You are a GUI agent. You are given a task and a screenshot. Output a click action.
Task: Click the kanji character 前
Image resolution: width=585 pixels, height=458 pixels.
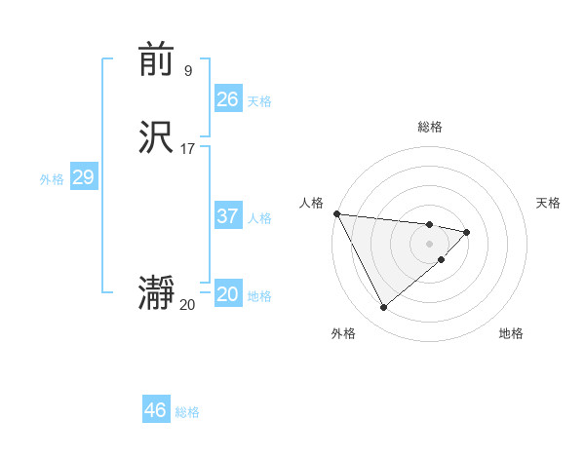(x=156, y=61)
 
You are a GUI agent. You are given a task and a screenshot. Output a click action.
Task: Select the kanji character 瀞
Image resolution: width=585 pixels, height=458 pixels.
(x=156, y=293)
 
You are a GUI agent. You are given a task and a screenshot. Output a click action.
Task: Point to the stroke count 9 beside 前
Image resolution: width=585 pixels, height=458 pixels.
(x=187, y=70)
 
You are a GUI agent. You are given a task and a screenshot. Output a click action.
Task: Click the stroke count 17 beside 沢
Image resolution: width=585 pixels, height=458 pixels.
(x=187, y=149)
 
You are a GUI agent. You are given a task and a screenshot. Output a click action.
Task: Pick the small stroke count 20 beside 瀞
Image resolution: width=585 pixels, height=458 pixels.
(x=187, y=304)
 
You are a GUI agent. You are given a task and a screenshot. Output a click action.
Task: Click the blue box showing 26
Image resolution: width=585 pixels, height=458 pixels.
(x=227, y=99)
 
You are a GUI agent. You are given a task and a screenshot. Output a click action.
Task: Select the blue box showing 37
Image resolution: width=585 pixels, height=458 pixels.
(x=227, y=216)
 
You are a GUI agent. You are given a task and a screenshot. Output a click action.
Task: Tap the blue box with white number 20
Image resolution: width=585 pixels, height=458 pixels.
(x=227, y=294)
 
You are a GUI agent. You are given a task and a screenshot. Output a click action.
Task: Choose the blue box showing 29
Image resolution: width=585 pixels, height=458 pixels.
(x=83, y=177)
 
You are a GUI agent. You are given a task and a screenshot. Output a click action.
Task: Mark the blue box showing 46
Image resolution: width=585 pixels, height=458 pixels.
(x=155, y=410)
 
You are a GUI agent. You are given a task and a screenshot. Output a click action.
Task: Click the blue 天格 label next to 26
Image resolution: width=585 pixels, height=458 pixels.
(x=259, y=101)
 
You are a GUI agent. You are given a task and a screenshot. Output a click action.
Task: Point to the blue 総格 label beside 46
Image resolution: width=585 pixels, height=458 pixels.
(x=187, y=412)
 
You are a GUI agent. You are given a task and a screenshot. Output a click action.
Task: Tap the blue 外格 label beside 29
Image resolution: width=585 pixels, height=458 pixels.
(x=52, y=179)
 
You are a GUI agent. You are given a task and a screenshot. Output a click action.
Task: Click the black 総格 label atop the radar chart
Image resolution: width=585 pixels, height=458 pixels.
(x=430, y=127)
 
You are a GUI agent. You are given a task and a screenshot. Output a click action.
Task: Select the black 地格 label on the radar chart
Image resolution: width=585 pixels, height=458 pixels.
(x=511, y=333)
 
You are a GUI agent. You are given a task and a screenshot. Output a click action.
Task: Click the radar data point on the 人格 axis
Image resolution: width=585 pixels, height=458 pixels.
(x=335, y=213)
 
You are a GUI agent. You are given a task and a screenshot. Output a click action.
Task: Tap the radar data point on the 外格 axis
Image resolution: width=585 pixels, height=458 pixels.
(x=383, y=308)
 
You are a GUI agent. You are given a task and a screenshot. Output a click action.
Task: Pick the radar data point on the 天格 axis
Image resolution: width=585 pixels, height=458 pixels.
(x=467, y=232)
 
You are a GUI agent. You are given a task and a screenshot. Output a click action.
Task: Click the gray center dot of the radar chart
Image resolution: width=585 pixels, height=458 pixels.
(x=430, y=243)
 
